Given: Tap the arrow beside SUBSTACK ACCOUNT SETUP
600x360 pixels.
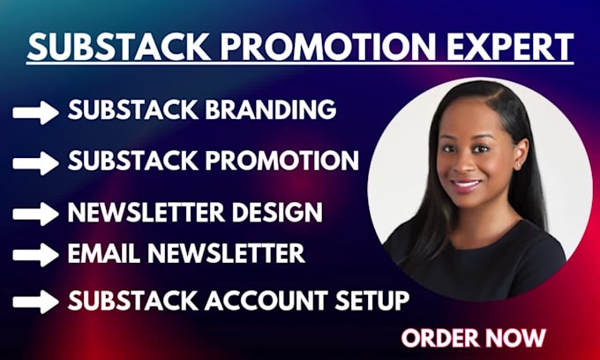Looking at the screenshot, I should [35, 301].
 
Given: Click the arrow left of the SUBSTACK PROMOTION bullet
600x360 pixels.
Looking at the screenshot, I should [35, 162].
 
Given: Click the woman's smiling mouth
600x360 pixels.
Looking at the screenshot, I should [467, 184].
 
